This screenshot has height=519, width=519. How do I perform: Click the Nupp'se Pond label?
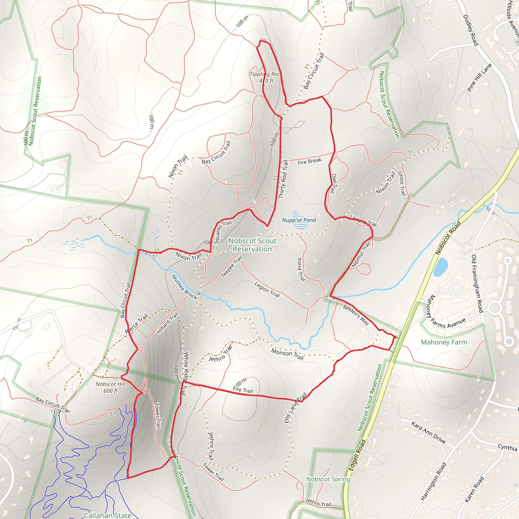[x=299, y=220]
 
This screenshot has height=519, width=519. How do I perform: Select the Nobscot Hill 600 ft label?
[x=110, y=387]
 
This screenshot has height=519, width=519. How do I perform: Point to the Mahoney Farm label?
[x=444, y=342]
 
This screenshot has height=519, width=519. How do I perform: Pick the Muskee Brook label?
[x=184, y=287]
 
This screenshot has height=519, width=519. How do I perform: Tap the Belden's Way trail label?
[x=356, y=315]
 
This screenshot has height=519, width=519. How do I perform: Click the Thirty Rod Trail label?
[x=283, y=179]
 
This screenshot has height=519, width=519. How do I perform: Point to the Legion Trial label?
[x=267, y=289]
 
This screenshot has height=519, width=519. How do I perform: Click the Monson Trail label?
[x=287, y=354]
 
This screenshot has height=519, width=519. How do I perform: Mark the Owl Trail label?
[x=333, y=183]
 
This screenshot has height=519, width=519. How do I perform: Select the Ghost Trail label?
[x=402, y=183]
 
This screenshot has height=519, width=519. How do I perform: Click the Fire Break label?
[x=309, y=161]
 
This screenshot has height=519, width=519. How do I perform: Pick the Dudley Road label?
[x=471, y=30]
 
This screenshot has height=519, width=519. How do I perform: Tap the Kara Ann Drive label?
[x=429, y=433]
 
